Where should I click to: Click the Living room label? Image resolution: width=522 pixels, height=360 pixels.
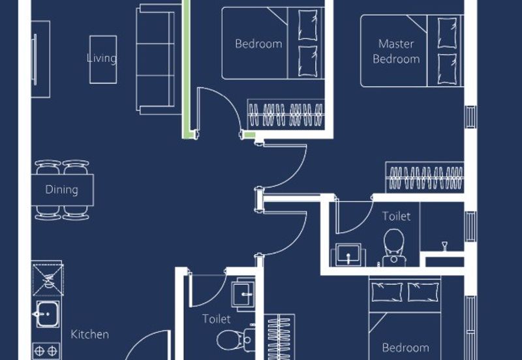click(x=102, y=58)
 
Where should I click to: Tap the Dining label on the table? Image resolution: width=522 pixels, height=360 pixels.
click(x=61, y=190)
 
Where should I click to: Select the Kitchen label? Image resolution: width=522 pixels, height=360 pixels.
click(x=89, y=334)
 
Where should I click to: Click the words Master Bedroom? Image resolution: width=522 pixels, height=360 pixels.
click(x=396, y=52)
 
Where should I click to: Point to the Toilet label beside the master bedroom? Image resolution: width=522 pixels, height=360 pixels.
click(x=396, y=217)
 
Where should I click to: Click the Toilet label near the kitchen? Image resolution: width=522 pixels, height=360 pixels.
click(x=217, y=319)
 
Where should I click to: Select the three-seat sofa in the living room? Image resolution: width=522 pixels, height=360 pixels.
click(x=155, y=59)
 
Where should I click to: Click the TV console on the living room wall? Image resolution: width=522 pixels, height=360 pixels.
click(x=40, y=59)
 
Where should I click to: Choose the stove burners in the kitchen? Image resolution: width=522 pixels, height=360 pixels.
click(x=46, y=351)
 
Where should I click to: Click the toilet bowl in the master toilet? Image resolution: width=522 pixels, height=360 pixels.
click(x=394, y=248)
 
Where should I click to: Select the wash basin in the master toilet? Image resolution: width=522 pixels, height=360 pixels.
click(x=348, y=255)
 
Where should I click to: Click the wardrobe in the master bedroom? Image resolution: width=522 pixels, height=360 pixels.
click(x=425, y=177)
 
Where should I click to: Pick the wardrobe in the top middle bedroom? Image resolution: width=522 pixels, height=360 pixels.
click(x=286, y=114)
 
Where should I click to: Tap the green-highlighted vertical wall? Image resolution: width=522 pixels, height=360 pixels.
click(x=186, y=69)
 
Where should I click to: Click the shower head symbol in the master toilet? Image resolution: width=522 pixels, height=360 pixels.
click(x=444, y=247)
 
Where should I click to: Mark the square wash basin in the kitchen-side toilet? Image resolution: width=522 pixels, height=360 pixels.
click(x=243, y=294)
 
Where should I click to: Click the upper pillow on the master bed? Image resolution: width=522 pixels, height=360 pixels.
click(x=447, y=33)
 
